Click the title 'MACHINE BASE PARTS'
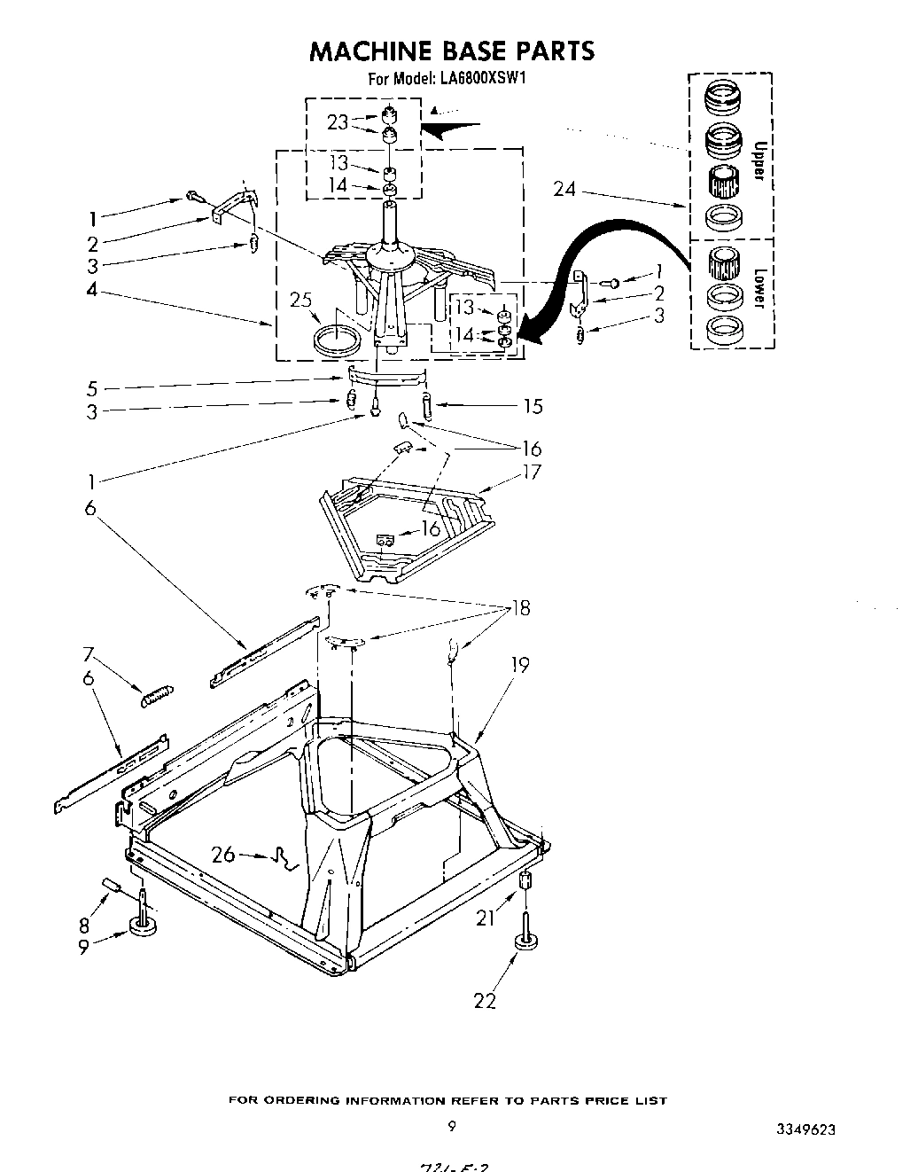coord(451,51)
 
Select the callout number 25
coord(301,301)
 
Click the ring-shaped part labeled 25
coord(338,340)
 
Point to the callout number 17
coord(531,473)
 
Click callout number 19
coord(519,665)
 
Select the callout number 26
coord(224,855)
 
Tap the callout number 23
coord(337,122)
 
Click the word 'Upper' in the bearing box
coord(757,160)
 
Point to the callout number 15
coord(533,407)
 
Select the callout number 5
coord(92,387)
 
